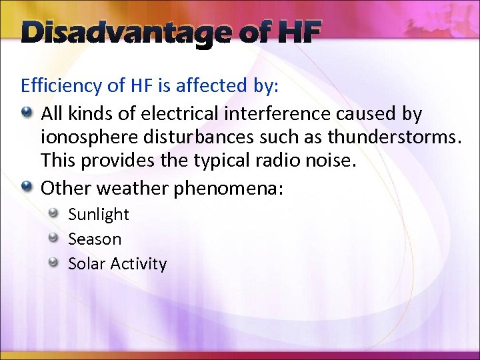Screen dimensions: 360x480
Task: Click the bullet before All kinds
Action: [28, 113]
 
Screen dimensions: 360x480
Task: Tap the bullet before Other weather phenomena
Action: [28, 188]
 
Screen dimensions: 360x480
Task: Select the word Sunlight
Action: [98, 215]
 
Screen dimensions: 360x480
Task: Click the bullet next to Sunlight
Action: [56, 213]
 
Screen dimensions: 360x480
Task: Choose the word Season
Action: [95, 239]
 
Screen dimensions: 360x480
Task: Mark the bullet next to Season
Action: [56, 238]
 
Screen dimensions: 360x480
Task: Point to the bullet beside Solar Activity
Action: [56, 263]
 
